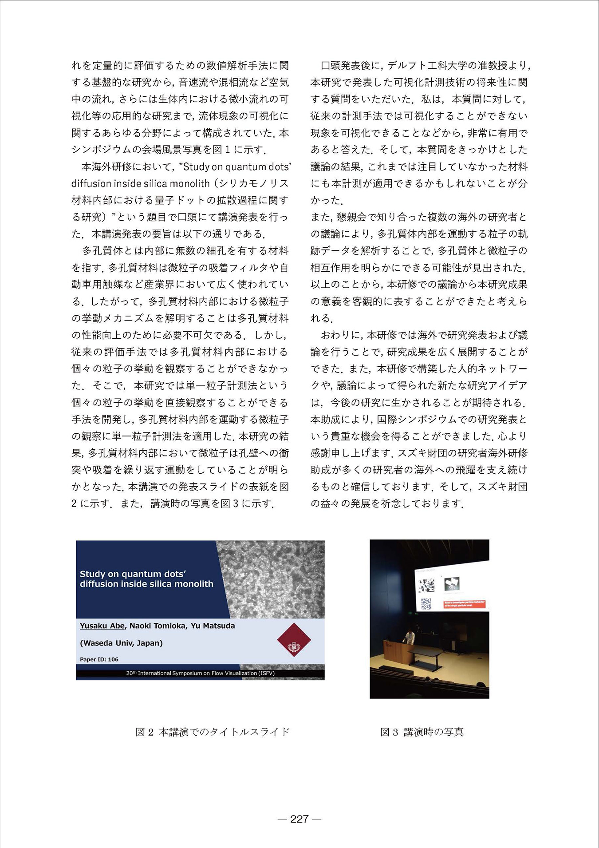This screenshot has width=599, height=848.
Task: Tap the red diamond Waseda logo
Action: [294, 640]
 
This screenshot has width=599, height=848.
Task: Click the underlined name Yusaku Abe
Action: [102, 626]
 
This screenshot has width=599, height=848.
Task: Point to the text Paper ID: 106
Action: [99, 659]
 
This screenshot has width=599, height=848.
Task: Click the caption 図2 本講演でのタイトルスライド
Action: [213, 732]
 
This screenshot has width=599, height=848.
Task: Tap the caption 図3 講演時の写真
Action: [422, 732]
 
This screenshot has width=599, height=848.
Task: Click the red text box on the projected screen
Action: [465, 604]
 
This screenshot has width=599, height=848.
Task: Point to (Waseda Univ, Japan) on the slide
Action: [121, 643]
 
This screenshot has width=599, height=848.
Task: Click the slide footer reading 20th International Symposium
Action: [200, 673]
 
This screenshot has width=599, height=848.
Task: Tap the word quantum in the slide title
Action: [138, 574]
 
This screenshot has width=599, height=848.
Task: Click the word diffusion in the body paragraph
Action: [91, 183]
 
